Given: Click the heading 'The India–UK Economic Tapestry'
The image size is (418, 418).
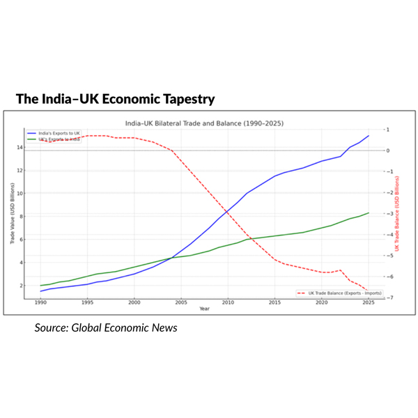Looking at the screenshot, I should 115,99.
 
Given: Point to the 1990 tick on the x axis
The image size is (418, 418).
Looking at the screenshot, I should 40,303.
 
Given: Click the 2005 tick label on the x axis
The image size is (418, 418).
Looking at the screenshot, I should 180,303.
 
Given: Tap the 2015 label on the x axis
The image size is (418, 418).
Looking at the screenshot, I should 274,303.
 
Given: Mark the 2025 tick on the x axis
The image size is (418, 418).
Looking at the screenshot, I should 368,303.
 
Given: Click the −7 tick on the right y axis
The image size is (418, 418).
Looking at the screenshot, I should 385,298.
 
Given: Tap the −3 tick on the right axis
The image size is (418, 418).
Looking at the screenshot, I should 385,214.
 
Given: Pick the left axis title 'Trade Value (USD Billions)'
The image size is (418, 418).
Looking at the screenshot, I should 13,214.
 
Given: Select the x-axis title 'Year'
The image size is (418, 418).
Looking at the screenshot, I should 203,309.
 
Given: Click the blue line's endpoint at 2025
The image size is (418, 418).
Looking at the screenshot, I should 368,136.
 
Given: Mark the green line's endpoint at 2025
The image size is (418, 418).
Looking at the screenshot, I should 368,213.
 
